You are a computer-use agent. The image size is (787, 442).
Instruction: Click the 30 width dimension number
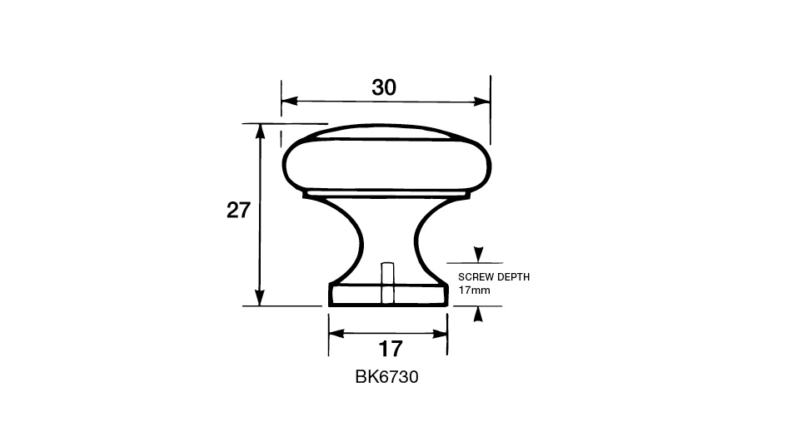tap(384, 87)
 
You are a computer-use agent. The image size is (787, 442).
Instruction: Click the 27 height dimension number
tap(238, 211)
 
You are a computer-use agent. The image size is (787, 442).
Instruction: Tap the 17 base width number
tap(390, 349)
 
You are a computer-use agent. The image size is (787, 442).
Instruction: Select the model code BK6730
tap(386, 377)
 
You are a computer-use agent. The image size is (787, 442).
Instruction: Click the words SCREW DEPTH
tap(494, 277)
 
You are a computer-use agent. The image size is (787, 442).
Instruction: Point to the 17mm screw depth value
tap(475, 290)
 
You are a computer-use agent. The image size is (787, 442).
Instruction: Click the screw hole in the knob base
tap(387, 283)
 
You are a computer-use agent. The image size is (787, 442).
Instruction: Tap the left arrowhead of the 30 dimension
tap(290, 101)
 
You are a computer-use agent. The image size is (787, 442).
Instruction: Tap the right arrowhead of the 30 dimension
tap(482, 102)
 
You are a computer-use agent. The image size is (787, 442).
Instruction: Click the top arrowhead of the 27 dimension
tap(260, 132)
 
